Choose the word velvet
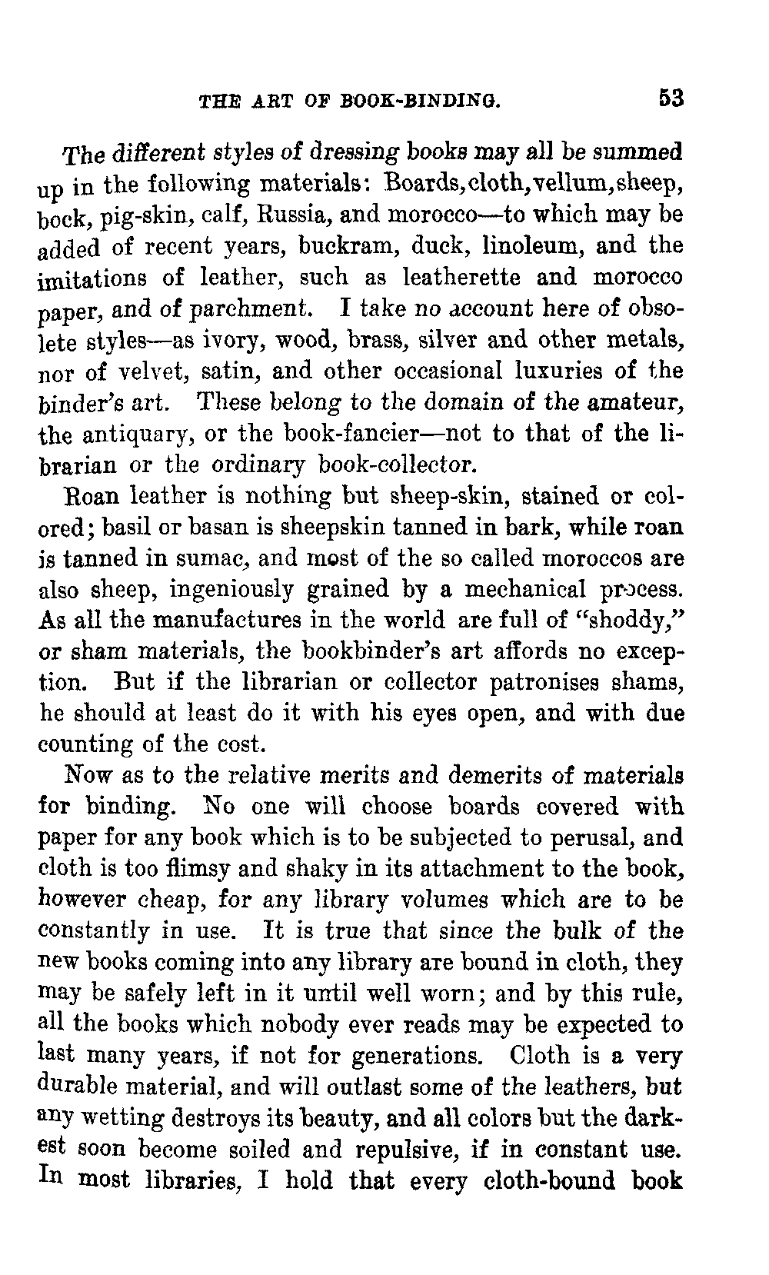151,371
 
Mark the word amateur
636,402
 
